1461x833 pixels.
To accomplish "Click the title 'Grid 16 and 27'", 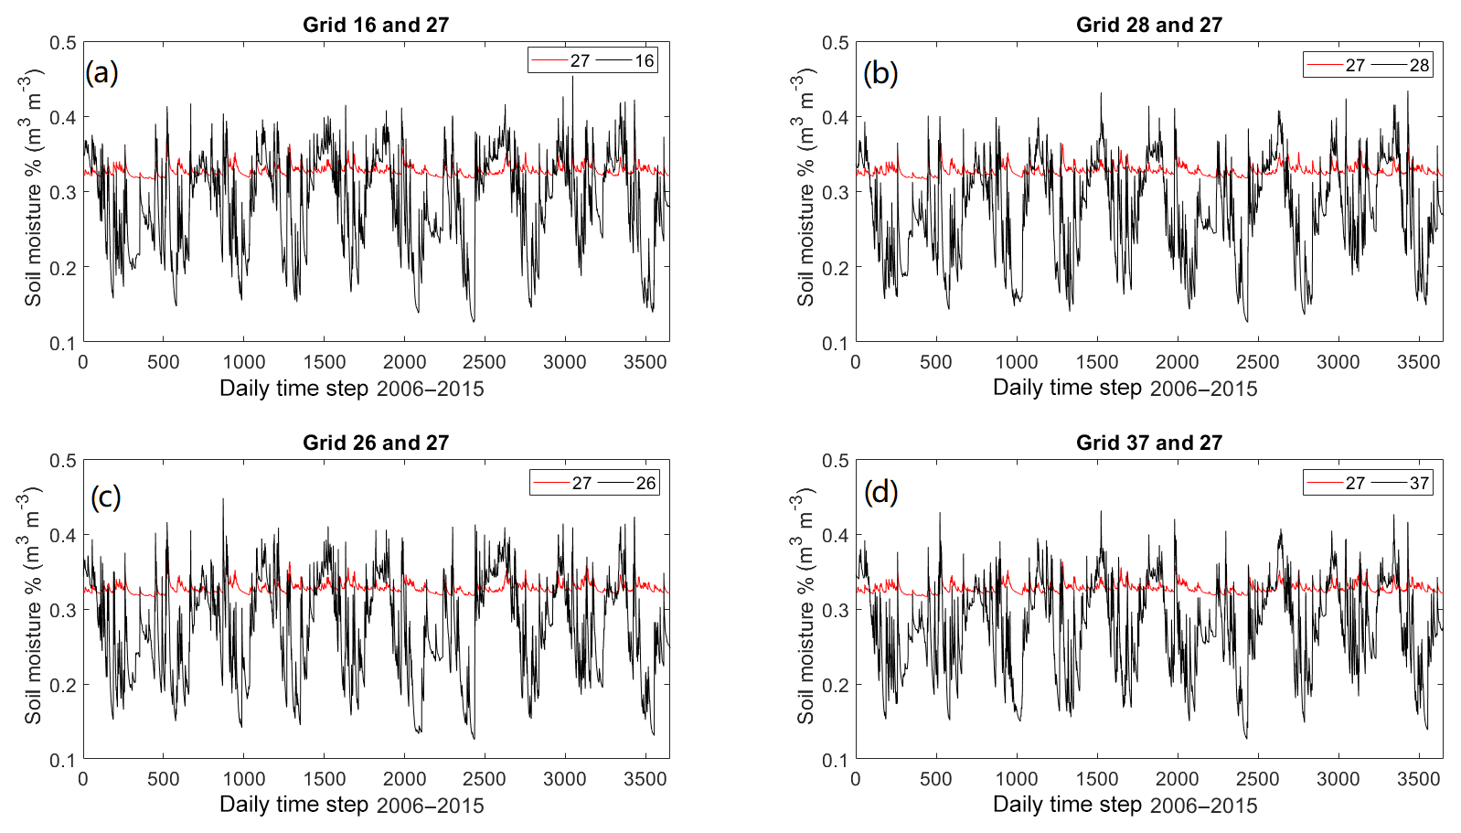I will pyautogui.click(x=376, y=25).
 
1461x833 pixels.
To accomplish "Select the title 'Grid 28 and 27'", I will pyautogui.click(x=1148, y=25).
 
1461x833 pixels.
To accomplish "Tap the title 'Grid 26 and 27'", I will pyautogui.click(x=376, y=443).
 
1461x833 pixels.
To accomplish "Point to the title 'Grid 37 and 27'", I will pyautogui.click(x=1148, y=443).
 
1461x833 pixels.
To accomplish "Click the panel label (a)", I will pyautogui.click(x=101, y=72).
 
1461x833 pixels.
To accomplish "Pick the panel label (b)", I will pyautogui.click(x=880, y=73).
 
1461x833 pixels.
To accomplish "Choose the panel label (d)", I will pyautogui.click(x=880, y=493).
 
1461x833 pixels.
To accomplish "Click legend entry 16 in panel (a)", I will pyautogui.click(x=644, y=61).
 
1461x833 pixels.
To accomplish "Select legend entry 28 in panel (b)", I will pyautogui.click(x=1418, y=65).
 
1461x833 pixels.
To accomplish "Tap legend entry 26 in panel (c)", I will pyautogui.click(x=645, y=483).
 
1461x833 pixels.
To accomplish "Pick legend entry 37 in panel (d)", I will pyautogui.click(x=1418, y=483).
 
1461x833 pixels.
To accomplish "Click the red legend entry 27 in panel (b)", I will pyautogui.click(x=1354, y=65).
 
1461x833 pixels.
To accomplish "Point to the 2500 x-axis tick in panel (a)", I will pyautogui.click(x=484, y=362).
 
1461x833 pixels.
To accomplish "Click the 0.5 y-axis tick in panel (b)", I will pyautogui.click(x=836, y=43).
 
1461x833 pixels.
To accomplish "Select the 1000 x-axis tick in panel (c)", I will pyautogui.click(x=244, y=779).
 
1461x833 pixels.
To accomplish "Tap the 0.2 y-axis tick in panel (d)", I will pyautogui.click(x=836, y=685).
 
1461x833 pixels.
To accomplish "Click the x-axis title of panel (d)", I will pyautogui.click(x=1125, y=805).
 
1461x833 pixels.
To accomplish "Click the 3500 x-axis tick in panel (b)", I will pyautogui.click(x=1418, y=362).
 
